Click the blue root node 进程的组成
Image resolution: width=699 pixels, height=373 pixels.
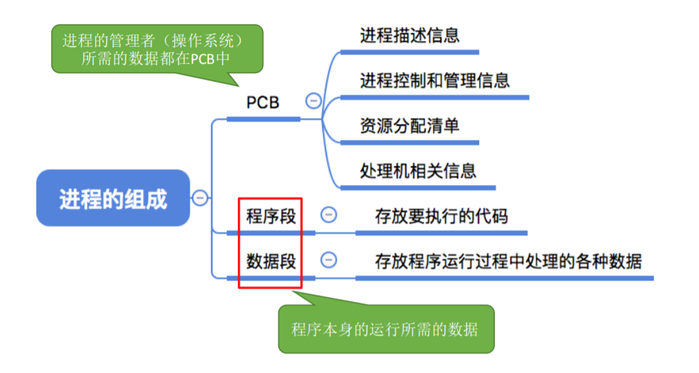(x=112, y=199)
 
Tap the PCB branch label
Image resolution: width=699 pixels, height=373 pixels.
(x=263, y=102)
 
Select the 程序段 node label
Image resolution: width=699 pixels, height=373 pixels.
(x=271, y=215)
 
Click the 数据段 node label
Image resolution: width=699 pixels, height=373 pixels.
(x=271, y=261)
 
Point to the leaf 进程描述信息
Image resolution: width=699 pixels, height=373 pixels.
(x=409, y=36)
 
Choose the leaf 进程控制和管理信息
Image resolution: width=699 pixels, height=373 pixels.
(x=434, y=80)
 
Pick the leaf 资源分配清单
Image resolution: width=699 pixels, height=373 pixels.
(x=409, y=125)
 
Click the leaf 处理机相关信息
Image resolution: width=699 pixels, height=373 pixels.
(x=418, y=170)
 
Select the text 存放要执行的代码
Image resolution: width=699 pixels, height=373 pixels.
(x=441, y=216)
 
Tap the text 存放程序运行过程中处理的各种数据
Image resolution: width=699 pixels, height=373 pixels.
(x=508, y=261)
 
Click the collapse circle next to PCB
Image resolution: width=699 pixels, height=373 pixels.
(x=313, y=101)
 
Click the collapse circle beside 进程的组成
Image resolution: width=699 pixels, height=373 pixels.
(x=200, y=198)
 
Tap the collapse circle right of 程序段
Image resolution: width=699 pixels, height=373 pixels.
(x=329, y=215)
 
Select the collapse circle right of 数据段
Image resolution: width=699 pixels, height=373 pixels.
(x=329, y=260)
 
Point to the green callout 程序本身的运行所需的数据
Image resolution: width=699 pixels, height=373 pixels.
(x=385, y=329)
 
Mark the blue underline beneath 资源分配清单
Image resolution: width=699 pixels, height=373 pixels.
(x=409, y=143)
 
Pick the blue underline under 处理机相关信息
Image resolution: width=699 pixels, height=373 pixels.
(x=418, y=187)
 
